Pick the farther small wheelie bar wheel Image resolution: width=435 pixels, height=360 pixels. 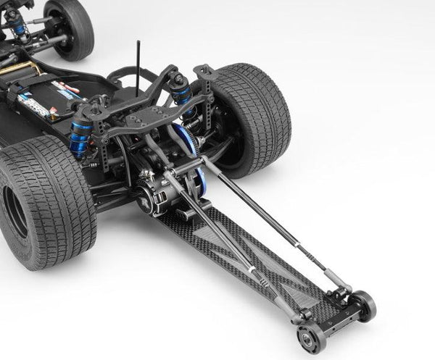pyautogui.click(x=362, y=305)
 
